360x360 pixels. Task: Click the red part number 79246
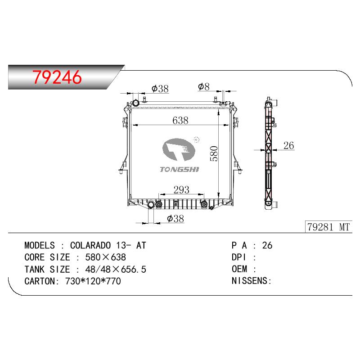click(57, 77)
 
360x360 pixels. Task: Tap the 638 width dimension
click(180, 121)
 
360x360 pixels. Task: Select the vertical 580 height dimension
click(214, 153)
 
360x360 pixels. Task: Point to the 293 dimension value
click(181, 190)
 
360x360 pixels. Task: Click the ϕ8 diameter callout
click(204, 87)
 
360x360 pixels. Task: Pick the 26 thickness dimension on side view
click(288, 145)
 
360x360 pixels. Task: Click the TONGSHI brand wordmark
click(179, 170)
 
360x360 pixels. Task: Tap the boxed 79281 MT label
click(328, 227)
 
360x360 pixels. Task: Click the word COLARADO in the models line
click(90, 245)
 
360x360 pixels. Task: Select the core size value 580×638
click(105, 257)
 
